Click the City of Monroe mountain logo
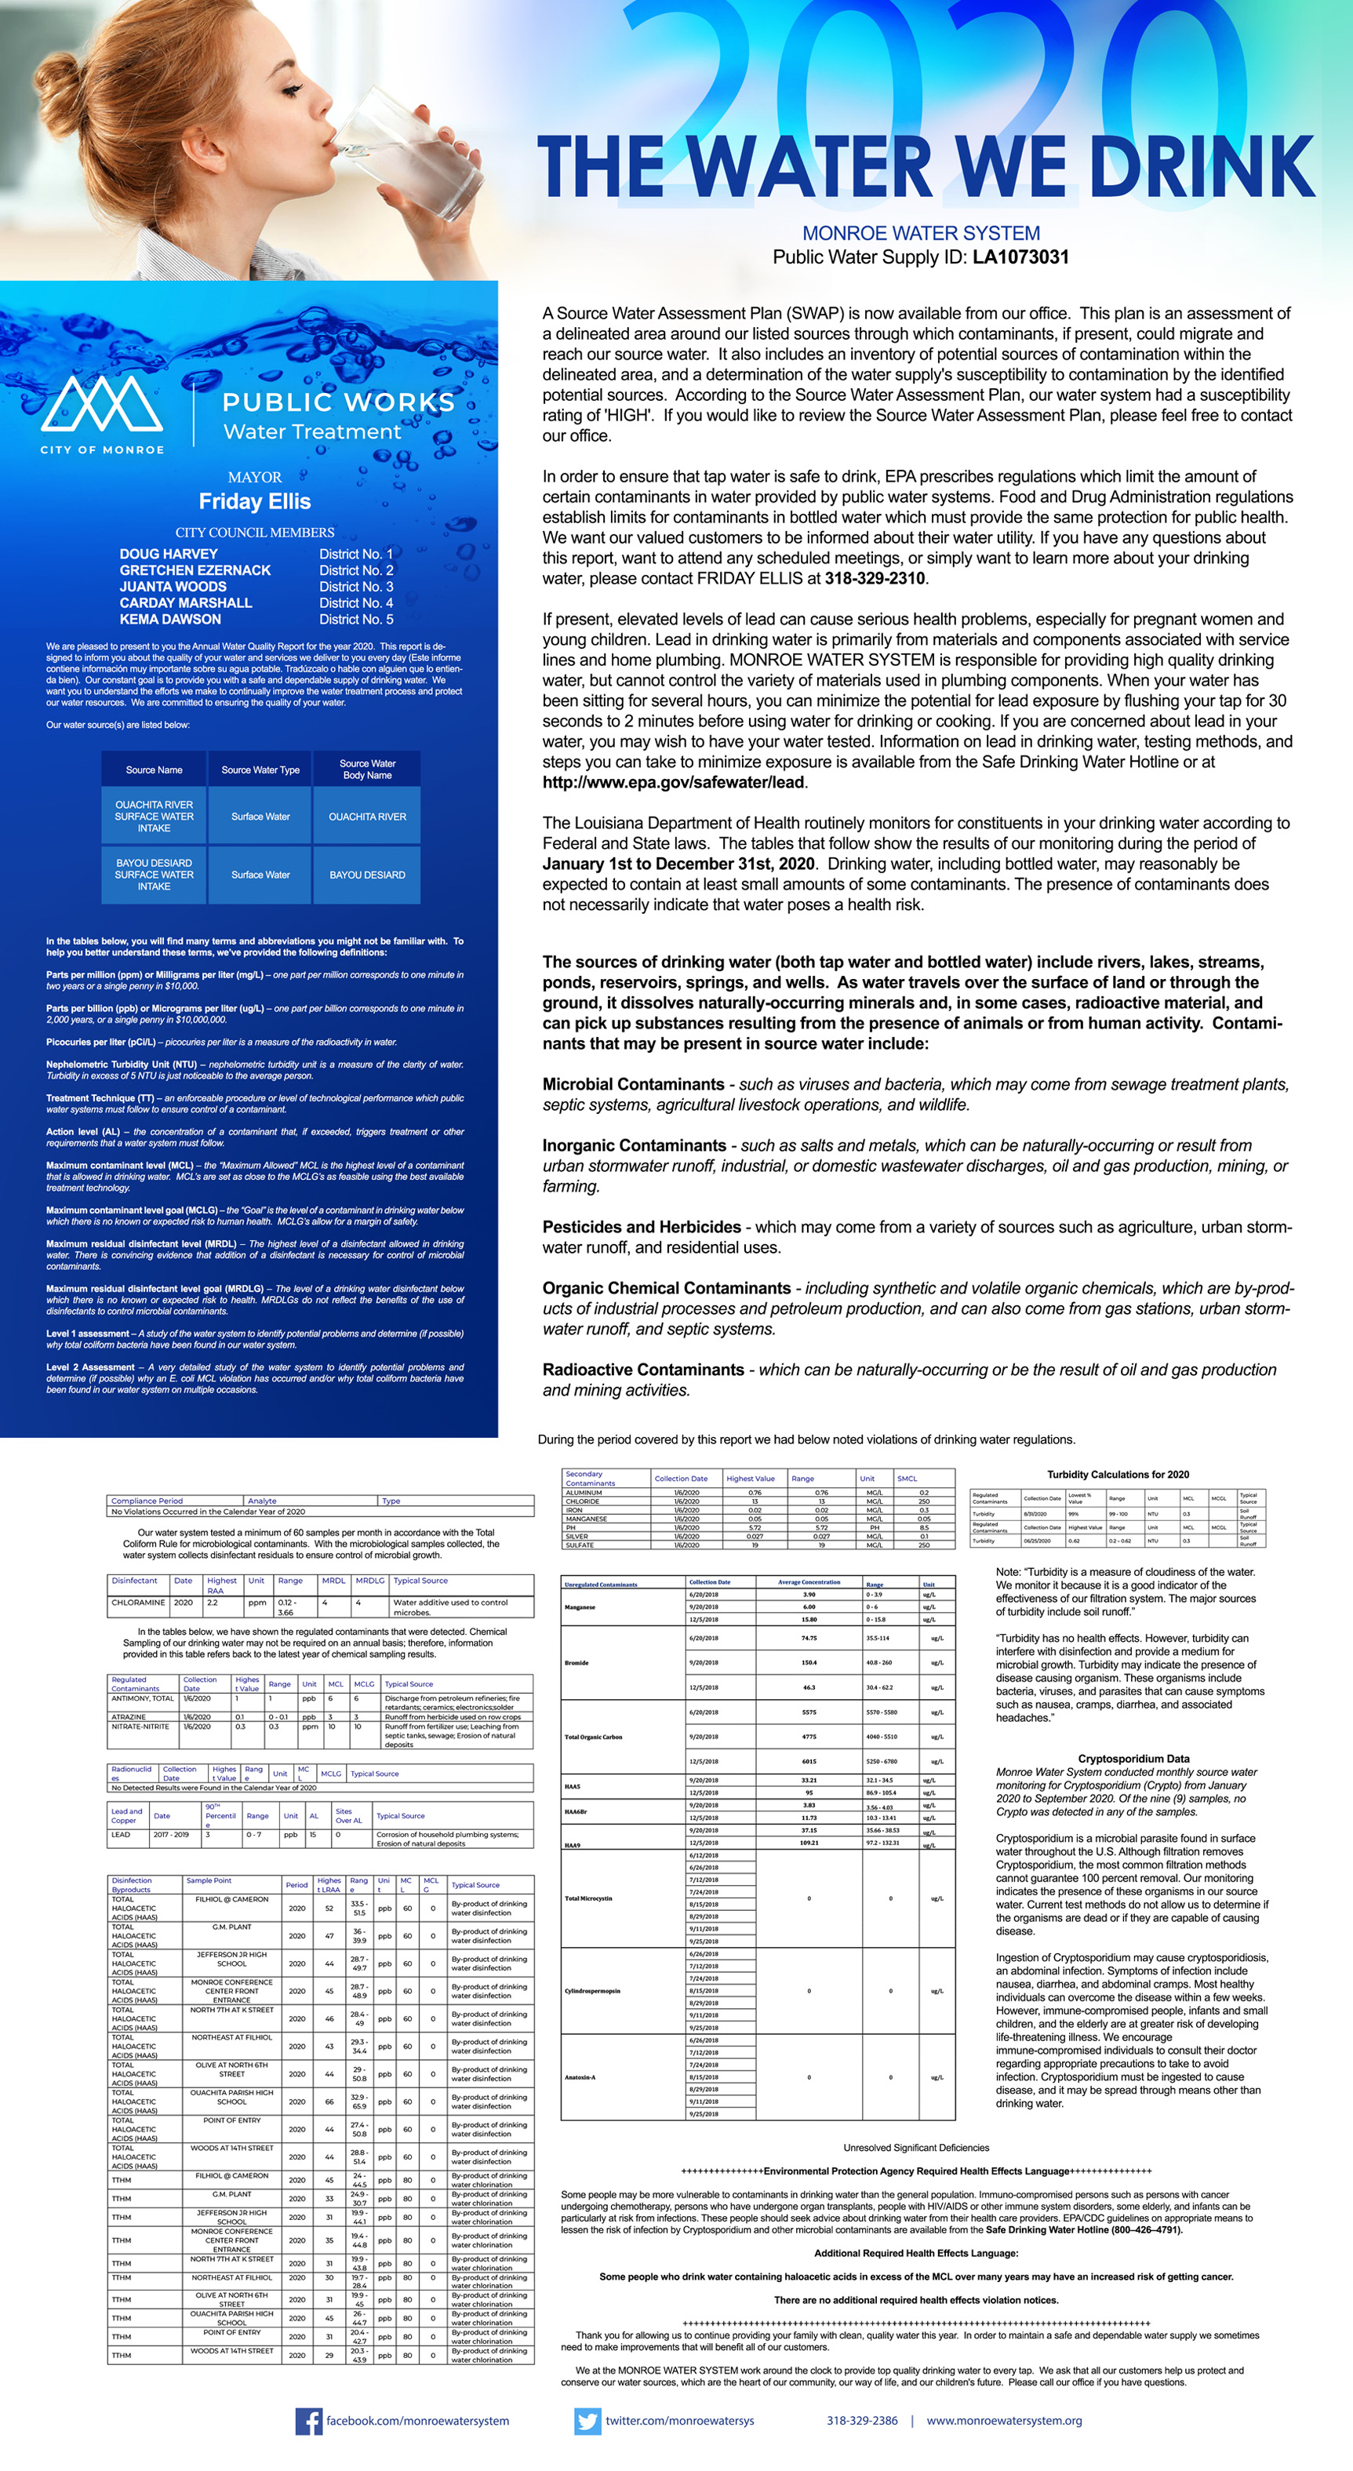tap(102, 404)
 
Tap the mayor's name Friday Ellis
tap(254, 502)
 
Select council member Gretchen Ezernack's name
tap(195, 570)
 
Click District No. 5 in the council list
tap(356, 619)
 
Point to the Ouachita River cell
tap(367, 817)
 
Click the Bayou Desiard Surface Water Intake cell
tap(154, 875)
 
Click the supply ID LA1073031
tap(1020, 257)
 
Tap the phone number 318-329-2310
tap(875, 578)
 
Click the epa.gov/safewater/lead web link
tap(673, 782)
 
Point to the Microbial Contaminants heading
tap(633, 1084)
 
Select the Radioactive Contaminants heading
tap(642, 1370)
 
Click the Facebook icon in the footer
tap(307, 2420)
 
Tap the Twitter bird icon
tap(587, 2420)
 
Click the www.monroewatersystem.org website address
tap(1003, 2420)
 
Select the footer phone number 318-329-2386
tap(862, 2420)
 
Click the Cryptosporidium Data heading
tap(1133, 1758)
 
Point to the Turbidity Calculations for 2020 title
tap(1117, 1474)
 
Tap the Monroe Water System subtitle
tap(921, 233)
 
